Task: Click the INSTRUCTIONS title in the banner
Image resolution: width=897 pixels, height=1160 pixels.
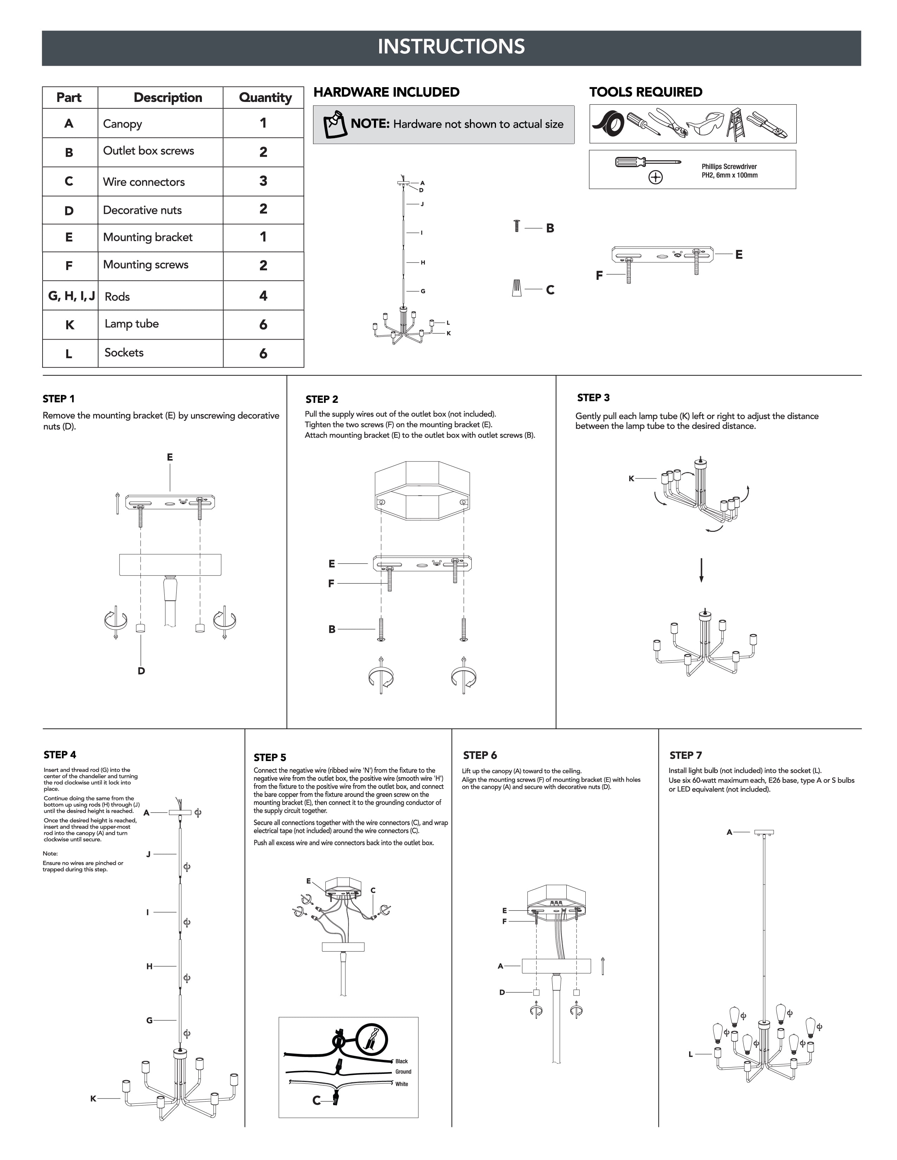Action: pos(451,47)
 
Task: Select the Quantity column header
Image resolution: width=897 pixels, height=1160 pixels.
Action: pos(265,98)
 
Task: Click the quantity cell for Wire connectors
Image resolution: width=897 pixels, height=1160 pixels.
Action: pos(263,181)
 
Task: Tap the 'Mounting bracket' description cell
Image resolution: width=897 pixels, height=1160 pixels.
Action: pos(148,237)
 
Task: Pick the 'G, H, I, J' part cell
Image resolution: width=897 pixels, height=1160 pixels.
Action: pos(71,296)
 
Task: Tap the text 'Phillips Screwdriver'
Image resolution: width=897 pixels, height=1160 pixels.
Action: pos(729,166)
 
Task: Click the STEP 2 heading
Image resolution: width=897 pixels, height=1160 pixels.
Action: pos(322,399)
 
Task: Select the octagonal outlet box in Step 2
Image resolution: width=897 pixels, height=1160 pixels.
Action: pos(422,490)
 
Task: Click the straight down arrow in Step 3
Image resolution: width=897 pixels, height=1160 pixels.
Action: pos(701,570)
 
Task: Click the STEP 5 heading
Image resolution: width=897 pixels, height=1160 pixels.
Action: pos(269,758)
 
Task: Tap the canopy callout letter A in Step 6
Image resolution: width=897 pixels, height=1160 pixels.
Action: pos(500,966)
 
